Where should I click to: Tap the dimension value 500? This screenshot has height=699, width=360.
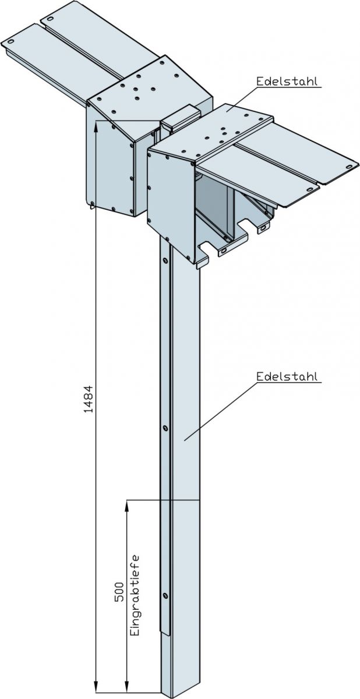click(119, 592)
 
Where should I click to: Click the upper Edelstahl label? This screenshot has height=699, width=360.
click(288, 82)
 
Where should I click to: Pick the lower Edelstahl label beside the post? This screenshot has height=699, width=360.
click(288, 377)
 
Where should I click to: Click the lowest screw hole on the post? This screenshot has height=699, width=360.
click(166, 595)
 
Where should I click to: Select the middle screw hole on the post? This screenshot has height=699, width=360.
click(165, 428)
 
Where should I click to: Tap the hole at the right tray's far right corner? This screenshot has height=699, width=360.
click(349, 167)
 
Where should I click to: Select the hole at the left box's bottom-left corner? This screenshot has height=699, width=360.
click(93, 203)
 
